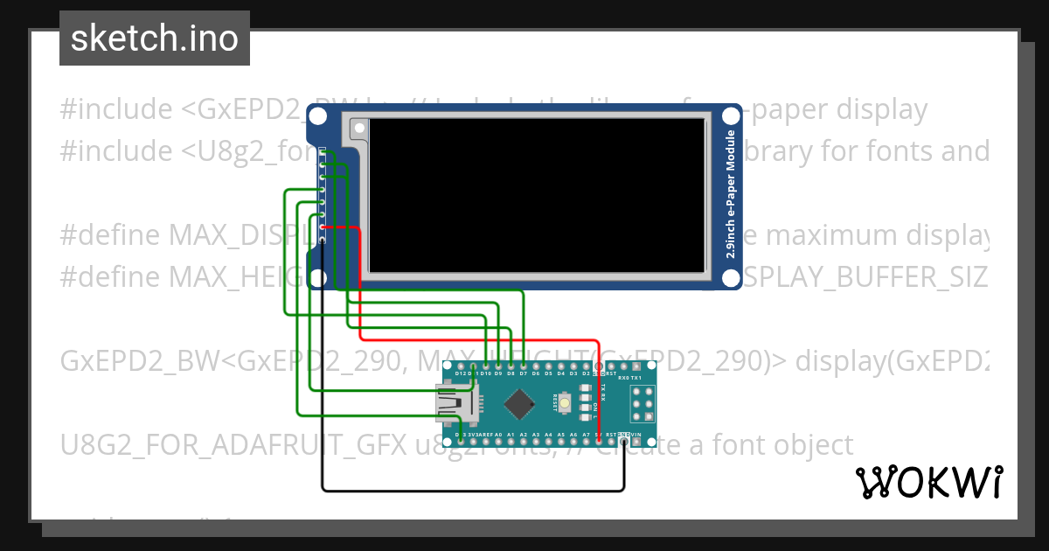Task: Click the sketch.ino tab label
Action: point(154,38)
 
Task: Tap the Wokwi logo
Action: point(928,482)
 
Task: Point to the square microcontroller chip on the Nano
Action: point(521,402)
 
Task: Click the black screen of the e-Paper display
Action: point(538,195)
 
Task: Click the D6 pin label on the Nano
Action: point(536,373)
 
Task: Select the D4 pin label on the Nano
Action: point(560,373)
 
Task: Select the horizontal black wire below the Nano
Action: point(472,488)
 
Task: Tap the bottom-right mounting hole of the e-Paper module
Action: point(731,278)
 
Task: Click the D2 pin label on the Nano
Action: point(586,373)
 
